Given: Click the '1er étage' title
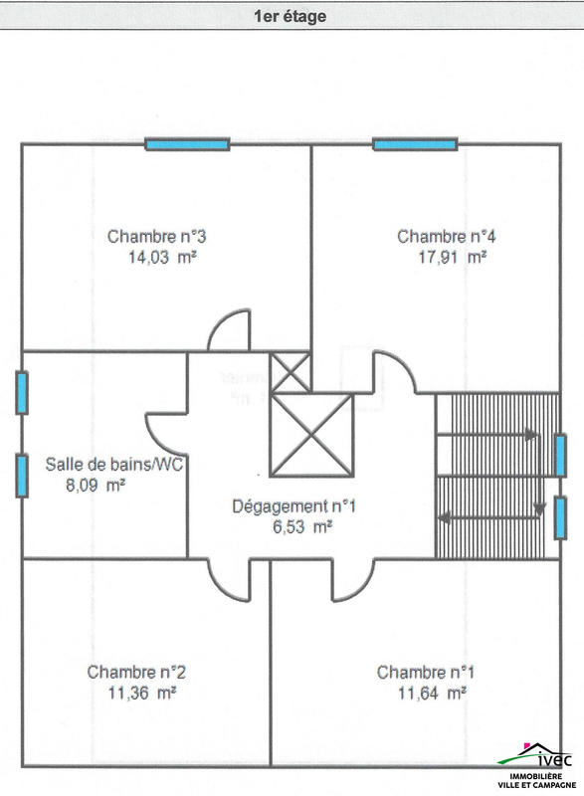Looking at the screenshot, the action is click(291, 16).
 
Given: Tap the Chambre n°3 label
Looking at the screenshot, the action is click(157, 237).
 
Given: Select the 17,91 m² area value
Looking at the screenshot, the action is click(452, 257).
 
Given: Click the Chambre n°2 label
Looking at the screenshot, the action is click(136, 673).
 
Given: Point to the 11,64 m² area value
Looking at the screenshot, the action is click(433, 693).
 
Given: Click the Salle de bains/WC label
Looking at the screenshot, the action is click(114, 464).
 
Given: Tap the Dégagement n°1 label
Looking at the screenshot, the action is click(294, 506).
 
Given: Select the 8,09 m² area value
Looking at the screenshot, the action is click(96, 486).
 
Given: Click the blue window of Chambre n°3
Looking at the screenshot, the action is click(187, 144).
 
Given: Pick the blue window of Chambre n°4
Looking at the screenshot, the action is click(415, 144).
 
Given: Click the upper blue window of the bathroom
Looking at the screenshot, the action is click(22, 393).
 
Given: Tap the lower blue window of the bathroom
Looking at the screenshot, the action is click(22, 476).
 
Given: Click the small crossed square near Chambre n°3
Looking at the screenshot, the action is click(291, 372).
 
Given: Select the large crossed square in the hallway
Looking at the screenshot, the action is click(311, 435).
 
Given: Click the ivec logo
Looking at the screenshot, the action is click(536, 765).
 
